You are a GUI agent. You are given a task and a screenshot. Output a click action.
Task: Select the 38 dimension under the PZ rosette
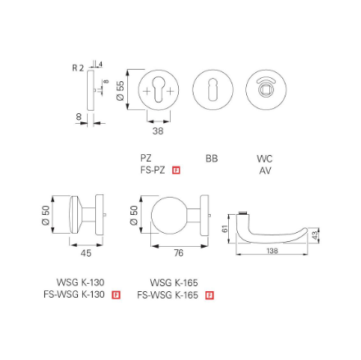[x=158, y=130]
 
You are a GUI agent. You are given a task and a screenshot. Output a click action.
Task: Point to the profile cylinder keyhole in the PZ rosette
[x=158, y=90]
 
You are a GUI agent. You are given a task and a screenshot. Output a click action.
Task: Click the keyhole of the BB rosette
[x=212, y=89]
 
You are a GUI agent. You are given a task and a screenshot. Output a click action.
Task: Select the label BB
[x=212, y=157]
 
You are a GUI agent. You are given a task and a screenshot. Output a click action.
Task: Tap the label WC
[x=264, y=157]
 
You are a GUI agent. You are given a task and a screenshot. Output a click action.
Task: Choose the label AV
[x=264, y=170]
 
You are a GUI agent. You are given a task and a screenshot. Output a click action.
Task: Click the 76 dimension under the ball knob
[x=170, y=253]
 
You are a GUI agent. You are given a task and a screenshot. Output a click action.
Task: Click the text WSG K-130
[x=81, y=281]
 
